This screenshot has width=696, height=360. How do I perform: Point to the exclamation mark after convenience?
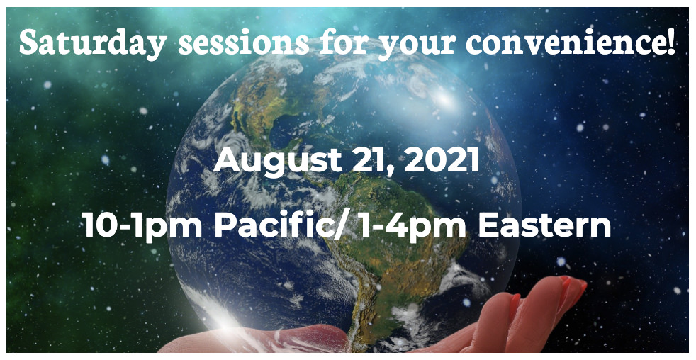pos(670,42)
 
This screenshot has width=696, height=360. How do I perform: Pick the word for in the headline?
pos(344,42)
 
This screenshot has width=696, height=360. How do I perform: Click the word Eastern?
pos(544,225)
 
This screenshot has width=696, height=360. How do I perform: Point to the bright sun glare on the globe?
pos(443,99)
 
